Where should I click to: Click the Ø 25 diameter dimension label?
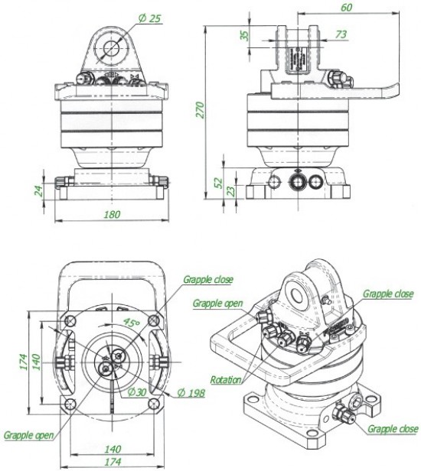[x=150, y=18]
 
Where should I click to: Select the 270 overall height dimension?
[x=201, y=110]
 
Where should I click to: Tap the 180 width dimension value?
[x=112, y=214]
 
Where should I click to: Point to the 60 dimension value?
[x=346, y=7]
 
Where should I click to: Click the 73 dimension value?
[x=341, y=34]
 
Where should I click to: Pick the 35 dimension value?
[x=246, y=35]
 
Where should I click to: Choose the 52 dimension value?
[x=219, y=182]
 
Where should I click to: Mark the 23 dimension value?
[x=230, y=191]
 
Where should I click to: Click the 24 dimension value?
[x=38, y=190]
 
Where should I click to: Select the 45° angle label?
[x=132, y=323]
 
